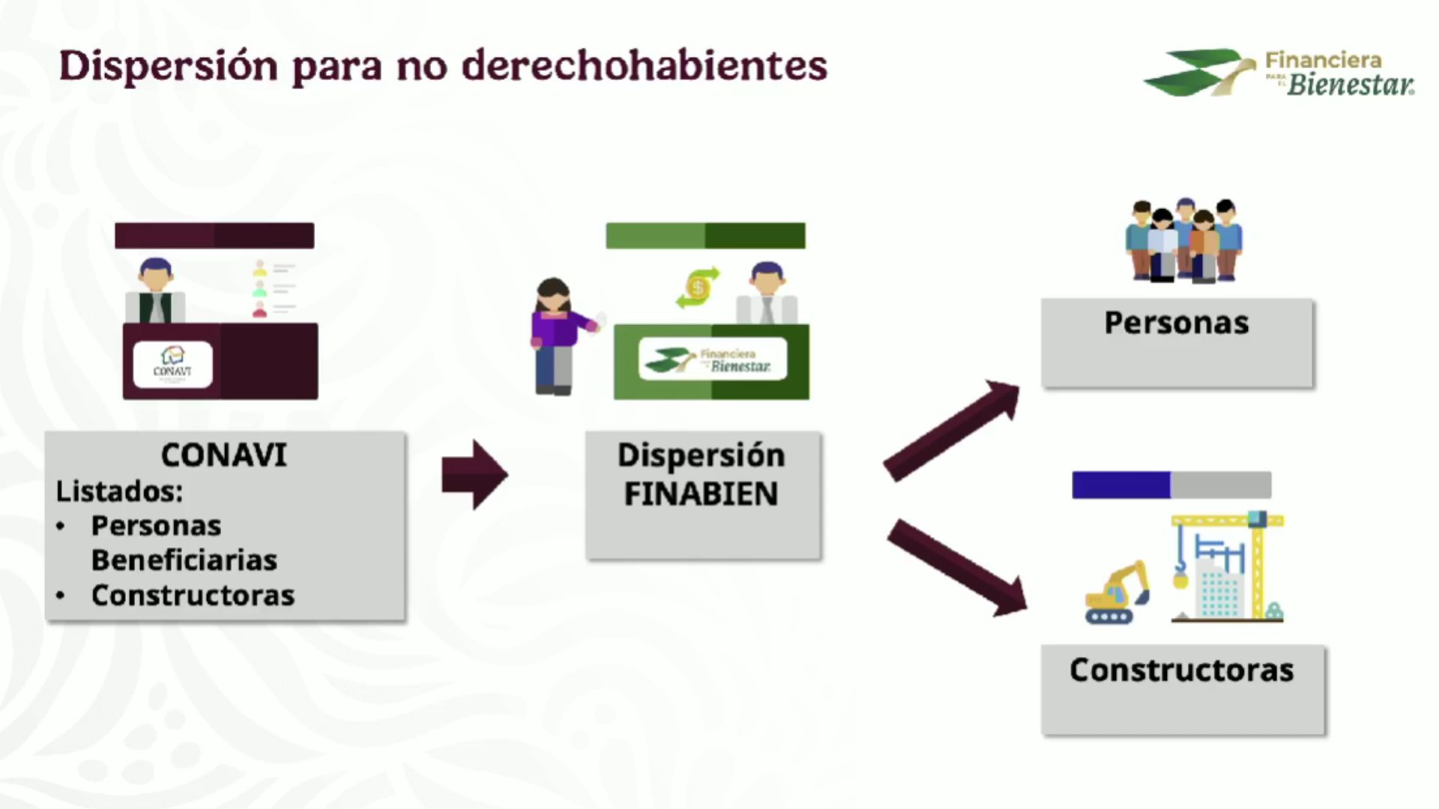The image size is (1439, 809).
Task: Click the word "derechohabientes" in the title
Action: point(645,66)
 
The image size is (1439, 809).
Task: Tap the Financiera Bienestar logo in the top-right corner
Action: point(1279,73)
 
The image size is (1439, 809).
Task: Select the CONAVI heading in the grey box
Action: point(223,455)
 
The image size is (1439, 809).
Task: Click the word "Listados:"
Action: point(119,491)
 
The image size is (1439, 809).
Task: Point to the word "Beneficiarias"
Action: point(184,560)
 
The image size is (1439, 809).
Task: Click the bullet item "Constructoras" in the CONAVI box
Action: point(193,596)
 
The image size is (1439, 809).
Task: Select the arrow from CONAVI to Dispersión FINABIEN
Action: point(474,475)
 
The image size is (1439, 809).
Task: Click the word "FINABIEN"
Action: point(701,494)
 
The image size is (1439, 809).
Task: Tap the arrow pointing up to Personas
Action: point(952,429)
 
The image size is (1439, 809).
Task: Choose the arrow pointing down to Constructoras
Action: point(956,567)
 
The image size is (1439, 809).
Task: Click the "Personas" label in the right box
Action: point(1176,323)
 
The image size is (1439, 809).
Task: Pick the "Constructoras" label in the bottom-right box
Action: point(1181,670)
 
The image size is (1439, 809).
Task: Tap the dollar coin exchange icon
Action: point(698,288)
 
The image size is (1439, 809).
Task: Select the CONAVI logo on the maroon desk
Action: point(172,364)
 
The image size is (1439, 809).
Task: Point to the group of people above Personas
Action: point(1183,240)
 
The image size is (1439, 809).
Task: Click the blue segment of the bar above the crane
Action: point(1121,485)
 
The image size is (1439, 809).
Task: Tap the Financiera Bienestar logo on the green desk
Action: point(712,360)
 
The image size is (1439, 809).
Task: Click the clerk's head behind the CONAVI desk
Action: point(156,275)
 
